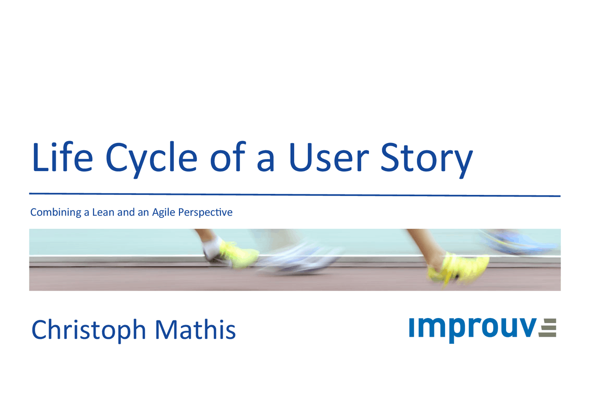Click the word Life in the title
62,157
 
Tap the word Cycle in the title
151,160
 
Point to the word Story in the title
427,160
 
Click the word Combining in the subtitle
56,212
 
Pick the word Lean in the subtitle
103,212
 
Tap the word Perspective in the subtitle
205,212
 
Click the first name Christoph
89,331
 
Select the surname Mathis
196,329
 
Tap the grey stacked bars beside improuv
547,327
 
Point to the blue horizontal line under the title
295,194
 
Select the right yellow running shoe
458,268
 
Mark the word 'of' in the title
228,157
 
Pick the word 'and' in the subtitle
126,212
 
